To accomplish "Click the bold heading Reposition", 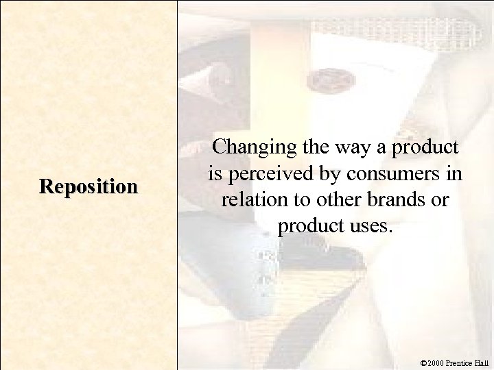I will [88, 186].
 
